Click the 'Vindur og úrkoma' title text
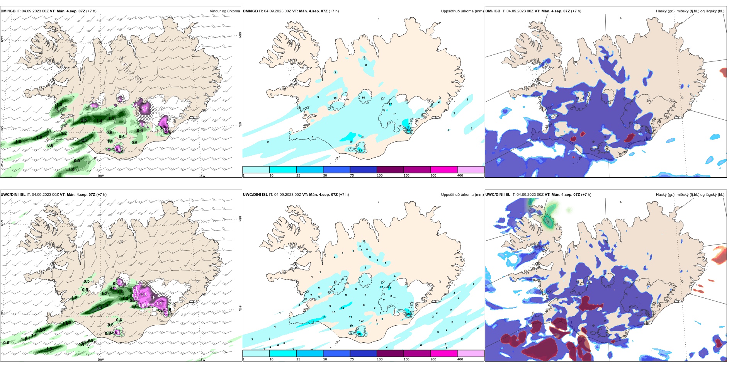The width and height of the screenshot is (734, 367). [x=224, y=11]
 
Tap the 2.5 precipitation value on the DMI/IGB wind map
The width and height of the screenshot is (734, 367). [x=84, y=121]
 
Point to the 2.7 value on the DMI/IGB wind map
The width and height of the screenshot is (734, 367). [x=85, y=140]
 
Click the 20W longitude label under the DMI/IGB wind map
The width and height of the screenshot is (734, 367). [x=100, y=176]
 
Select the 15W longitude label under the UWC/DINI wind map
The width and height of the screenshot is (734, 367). [x=202, y=360]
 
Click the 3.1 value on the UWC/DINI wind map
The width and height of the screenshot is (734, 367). [x=99, y=308]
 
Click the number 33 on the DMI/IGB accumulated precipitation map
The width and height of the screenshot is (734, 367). [x=408, y=130]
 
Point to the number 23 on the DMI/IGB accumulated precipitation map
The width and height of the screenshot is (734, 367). [x=360, y=150]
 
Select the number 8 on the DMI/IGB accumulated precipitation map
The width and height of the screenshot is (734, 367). [x=366, y=65]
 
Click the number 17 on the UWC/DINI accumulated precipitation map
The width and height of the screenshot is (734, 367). [x=313, y=322]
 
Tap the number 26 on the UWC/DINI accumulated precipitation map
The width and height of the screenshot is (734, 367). [x=408, y=314]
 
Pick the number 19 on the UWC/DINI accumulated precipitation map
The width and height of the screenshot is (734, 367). [x=359, y=334]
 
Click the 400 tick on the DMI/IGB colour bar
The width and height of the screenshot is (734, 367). [x=460, y=176]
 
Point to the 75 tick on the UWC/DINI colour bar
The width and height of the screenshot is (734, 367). [x=352, y=359]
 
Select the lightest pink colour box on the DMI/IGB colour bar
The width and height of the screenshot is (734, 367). [x=471, y=170]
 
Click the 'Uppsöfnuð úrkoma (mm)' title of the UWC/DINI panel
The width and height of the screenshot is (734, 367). [x=462, y=195]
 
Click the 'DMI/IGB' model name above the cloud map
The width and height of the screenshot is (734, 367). [x=493, y=11]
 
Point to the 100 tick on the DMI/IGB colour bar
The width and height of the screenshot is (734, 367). [x=380, y=176]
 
